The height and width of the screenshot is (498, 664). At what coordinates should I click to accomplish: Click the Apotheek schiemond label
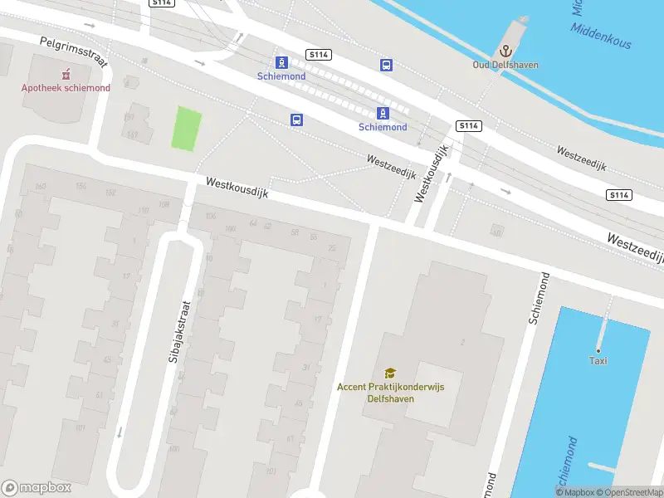click(x=66, y=88)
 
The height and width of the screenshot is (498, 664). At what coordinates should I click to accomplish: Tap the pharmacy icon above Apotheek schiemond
click(x=66, y=74)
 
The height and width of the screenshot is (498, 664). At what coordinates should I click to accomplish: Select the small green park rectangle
click(x=187, y=129)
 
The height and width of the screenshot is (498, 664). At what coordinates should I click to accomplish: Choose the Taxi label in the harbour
click(x=598, y=360)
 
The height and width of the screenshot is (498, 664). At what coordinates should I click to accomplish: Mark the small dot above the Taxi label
click(x=598, y=349)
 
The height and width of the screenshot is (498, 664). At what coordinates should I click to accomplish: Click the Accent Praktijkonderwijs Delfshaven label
click(x=388, y=392)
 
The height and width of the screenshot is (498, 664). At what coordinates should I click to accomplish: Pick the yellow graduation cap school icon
click(x=389, y=373)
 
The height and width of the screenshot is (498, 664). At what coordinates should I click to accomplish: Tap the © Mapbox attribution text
click(x=576, y=493)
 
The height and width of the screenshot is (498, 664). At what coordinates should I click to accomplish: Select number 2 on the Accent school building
click(x=462, y=342)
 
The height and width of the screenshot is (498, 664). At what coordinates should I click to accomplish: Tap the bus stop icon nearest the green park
click(x=296, y=120)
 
